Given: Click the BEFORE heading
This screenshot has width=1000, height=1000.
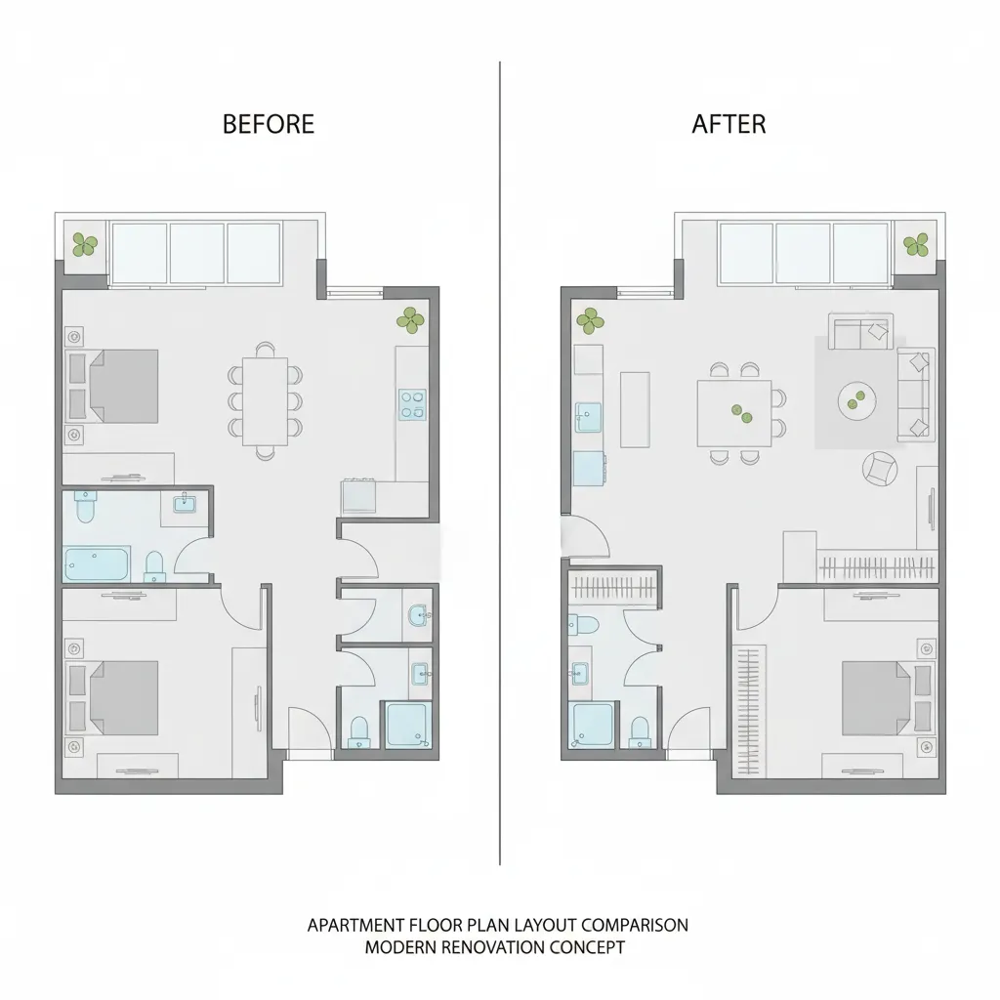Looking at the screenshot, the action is (269, 124).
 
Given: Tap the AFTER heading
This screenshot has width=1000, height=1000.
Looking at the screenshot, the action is (729, 124).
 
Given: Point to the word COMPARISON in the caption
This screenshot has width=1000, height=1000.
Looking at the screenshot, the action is (635, 926).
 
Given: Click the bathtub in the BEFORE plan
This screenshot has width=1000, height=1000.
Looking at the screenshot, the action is (97, 563).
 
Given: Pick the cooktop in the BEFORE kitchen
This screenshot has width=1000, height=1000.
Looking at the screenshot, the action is (413, 404).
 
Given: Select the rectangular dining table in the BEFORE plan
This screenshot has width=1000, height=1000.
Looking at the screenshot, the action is (265, 401).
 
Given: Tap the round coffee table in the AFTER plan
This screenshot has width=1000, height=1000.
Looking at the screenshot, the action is (856, 400).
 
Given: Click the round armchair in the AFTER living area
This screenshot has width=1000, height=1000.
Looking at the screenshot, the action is (880, 469).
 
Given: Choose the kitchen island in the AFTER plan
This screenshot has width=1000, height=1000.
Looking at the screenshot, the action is (635, 409).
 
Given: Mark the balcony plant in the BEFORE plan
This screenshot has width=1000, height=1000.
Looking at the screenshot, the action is (85, 244).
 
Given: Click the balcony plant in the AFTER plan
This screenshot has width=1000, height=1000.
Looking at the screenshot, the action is (916, 244).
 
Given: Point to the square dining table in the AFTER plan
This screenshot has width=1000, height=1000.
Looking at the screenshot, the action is (734, 413).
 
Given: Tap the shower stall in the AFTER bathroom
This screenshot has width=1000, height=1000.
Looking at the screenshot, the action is (593, 725).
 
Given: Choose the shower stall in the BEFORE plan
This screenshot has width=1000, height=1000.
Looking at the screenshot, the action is (407, 725).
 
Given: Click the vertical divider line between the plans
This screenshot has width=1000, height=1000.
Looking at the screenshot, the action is (500, 463).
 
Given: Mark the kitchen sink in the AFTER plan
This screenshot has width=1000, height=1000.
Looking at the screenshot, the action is (588, 417).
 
